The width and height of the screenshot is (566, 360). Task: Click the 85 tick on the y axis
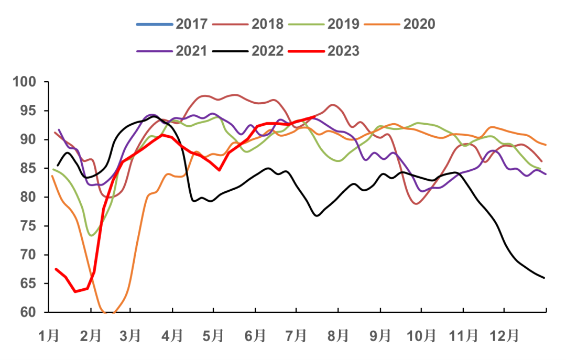tap(28, 169)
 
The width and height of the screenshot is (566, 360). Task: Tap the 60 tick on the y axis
tap(28, 313)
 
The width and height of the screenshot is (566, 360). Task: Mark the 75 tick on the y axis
tap(28, 226)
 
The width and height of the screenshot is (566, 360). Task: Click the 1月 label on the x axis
tap(49, 334)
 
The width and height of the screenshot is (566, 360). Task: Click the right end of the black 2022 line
tap(545, 278)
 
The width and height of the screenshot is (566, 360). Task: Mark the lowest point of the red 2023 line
tap(75, 291)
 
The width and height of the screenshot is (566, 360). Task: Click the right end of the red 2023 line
tap(314, 116)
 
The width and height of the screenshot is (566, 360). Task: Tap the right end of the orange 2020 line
tap(546, 145)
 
